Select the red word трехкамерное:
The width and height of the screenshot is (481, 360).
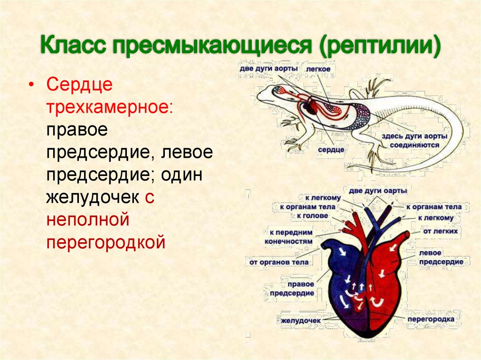109,108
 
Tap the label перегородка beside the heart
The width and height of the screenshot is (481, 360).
431,319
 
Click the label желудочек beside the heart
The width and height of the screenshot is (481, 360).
301,321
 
